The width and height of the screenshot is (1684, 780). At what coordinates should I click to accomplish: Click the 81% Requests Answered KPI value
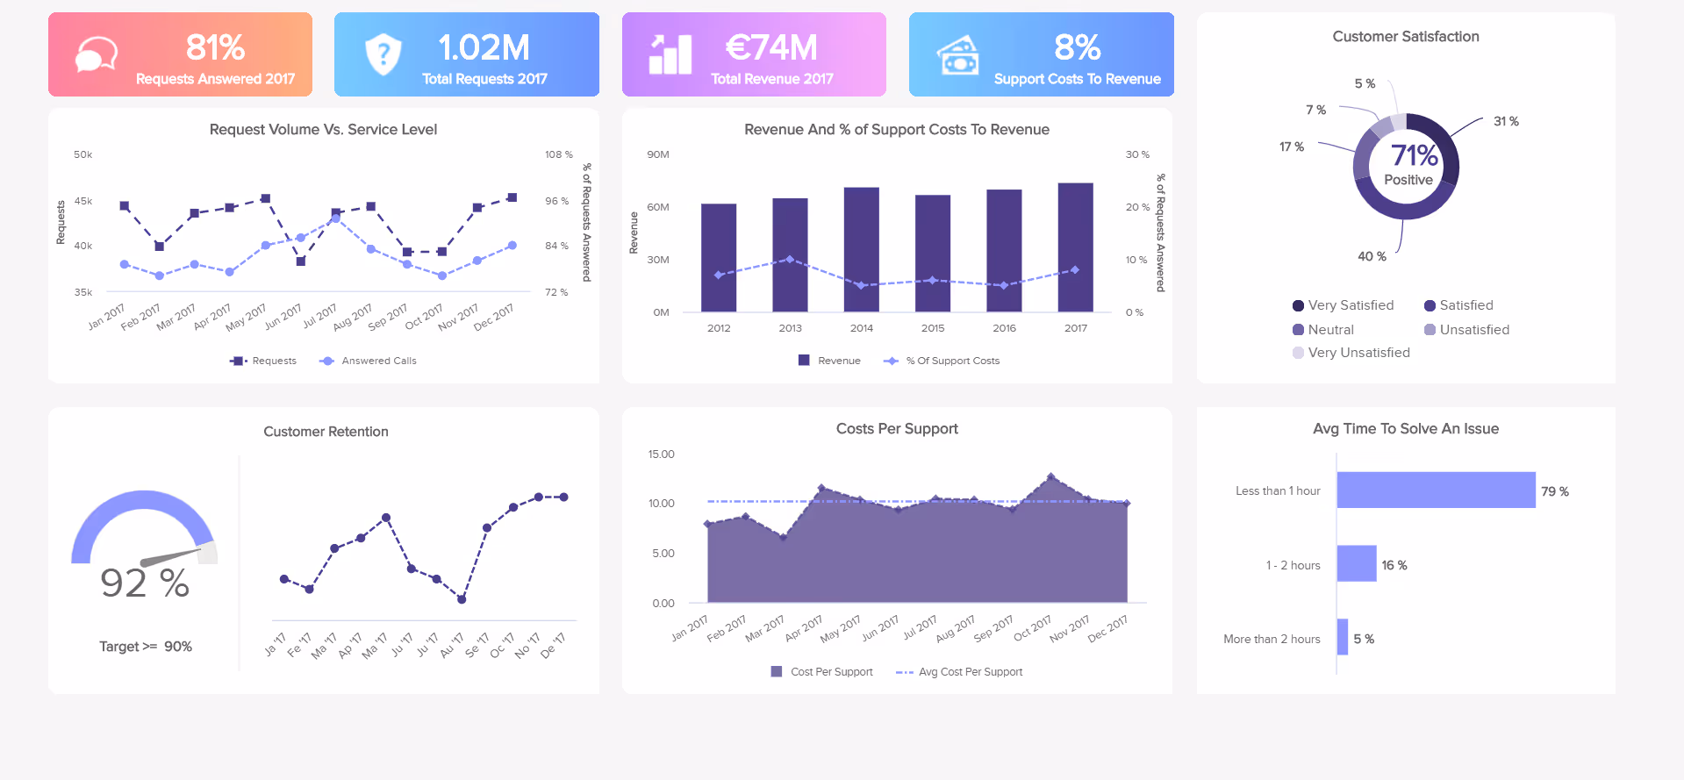click(215, 47)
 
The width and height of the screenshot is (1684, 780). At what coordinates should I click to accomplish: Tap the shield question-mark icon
click(383, 54)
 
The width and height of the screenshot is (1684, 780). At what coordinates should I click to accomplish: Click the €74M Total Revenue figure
click(771, 47)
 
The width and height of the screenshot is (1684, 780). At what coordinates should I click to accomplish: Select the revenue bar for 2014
click(861, 249)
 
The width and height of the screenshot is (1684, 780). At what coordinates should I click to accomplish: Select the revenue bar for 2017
click(1075, 247)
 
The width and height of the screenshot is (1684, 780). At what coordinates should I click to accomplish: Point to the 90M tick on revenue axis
click(658, 154)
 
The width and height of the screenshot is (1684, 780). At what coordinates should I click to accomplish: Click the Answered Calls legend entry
click(378, 361)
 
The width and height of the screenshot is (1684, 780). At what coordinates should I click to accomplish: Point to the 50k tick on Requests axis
click(83, 154)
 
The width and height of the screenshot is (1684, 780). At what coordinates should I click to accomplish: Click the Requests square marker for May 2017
click(266, 198)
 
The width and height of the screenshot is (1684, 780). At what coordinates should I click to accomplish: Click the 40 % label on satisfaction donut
click(1372, 256)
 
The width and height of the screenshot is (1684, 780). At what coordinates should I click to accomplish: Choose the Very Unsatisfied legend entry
click(1358, 353)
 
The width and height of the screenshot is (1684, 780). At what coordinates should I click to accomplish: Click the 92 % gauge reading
click(145, 583)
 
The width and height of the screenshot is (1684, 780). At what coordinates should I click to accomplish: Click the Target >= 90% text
click(146, 647)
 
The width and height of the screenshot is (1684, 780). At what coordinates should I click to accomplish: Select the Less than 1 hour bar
click(1436, 490)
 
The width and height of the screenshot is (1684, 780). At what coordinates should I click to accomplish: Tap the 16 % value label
click(1394, 565)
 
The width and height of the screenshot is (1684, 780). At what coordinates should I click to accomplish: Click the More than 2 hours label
click(1272, 639)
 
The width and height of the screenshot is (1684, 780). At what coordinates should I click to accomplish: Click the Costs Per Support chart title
click(896, 429)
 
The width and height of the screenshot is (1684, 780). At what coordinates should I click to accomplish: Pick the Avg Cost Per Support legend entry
click(970, 672)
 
